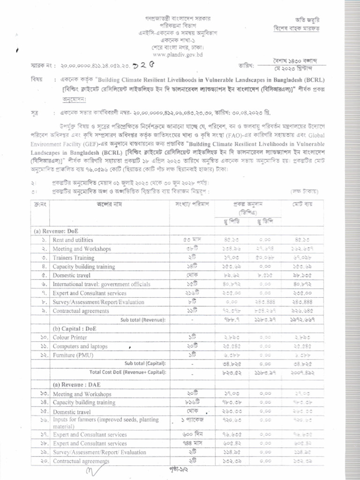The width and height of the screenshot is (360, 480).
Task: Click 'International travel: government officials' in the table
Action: coord(101,284)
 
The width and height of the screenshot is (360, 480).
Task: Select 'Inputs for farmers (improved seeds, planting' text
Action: coord(105,420)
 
